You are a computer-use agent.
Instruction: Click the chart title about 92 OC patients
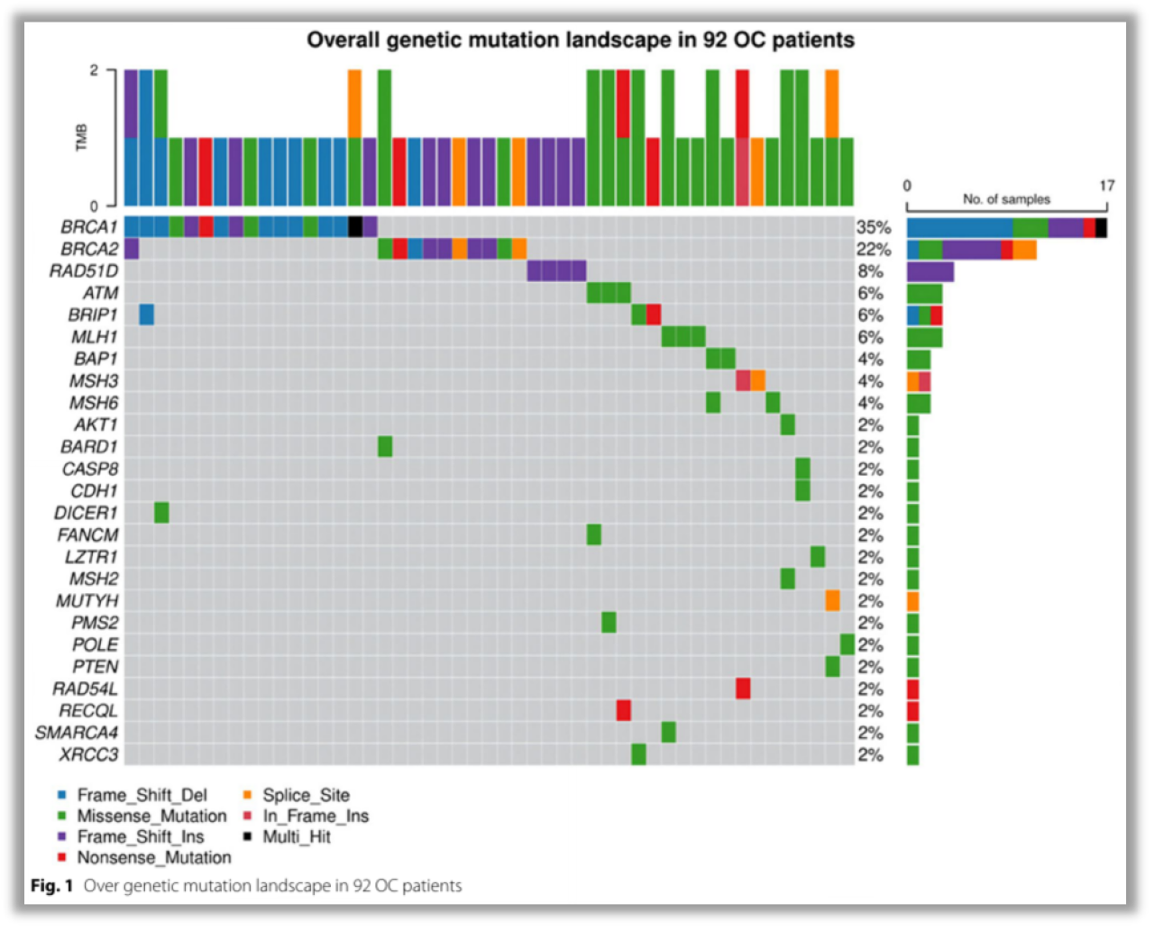tap(581, 41)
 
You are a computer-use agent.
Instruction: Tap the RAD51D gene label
tap(84, 271)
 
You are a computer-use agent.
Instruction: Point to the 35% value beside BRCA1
tap(874, 228)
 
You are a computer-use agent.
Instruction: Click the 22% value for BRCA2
tap(874, 250)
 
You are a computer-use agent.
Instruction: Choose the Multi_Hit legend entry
tap(296, 836)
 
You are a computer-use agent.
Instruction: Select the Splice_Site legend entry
tap(306, 795)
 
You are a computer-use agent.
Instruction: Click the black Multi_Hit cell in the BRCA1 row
tap(355, 225)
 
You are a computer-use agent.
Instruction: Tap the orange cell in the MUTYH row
tap(832, 600)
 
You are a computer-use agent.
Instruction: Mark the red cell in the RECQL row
tap(623, 710)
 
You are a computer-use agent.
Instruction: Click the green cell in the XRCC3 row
tap(638, 754)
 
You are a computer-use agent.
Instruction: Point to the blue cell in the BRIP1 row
tap(146, 314)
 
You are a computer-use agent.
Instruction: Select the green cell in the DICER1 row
tap(161, 513)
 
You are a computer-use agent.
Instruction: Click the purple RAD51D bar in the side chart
tap(930, 271)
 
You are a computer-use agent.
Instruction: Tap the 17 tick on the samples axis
tap(1107, 186)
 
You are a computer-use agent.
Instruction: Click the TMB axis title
tap(82, 137)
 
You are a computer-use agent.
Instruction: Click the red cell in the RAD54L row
tap(743, 689)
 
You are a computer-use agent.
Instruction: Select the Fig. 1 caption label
tap(56, 886)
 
